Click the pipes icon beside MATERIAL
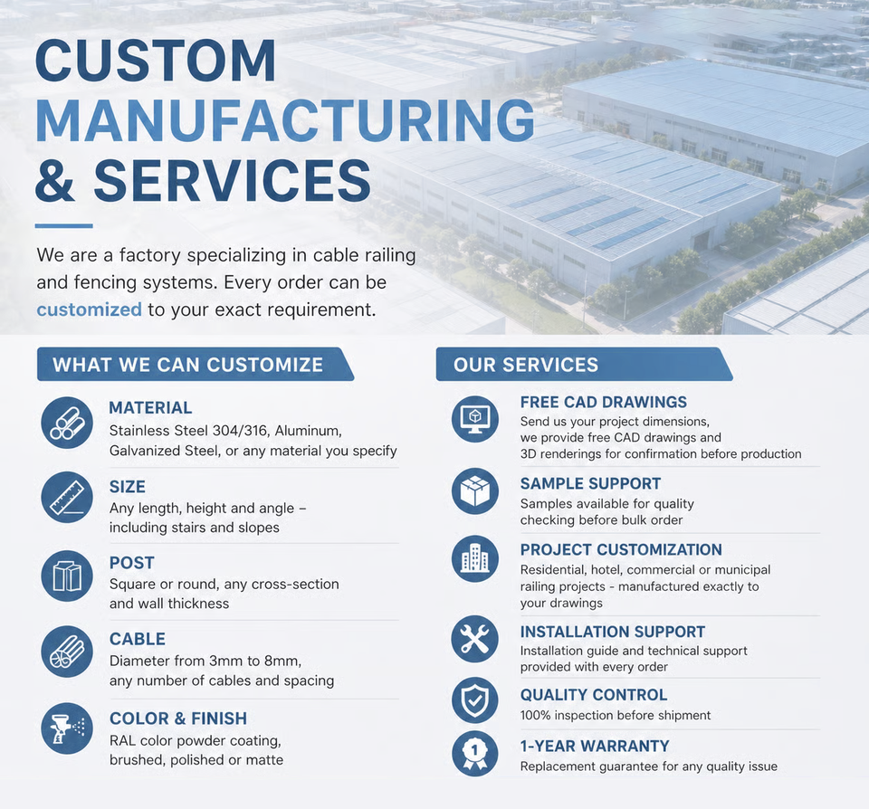coord(67,423)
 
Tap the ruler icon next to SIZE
coord(67,497)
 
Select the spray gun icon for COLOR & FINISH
coord(67,728)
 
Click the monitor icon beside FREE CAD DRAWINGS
coord(475,418)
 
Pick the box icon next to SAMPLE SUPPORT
coord(475,491)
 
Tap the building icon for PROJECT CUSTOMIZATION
coord(475,558)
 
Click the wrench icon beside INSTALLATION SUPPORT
coord(475,639)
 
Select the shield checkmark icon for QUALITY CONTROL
coord(475,700)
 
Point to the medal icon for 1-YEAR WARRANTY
coord(475,754)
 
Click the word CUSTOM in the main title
coord(156,61)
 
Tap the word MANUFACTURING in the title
coord(285,120)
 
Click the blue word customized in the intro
coord(90,309)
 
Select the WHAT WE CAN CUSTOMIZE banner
coord(196,365)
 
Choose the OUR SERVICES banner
coord(584,365)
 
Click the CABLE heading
coord(138,639)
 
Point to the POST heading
coord(132,563)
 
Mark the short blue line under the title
coord(63,226)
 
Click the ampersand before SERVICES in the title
coord(54,180)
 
